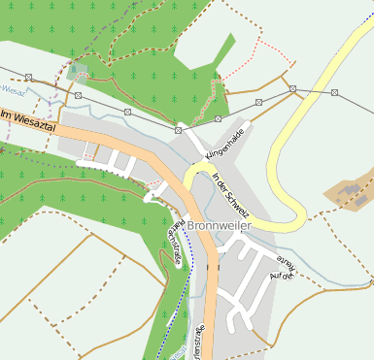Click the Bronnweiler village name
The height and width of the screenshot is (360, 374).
pos(221,226)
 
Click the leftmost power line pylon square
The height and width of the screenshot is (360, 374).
pos(29,77)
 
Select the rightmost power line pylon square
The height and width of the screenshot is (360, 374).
pos(334,92)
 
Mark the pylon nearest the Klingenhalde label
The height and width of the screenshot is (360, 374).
pos(218,119)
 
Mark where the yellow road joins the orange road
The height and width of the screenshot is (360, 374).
pos(183,184)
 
